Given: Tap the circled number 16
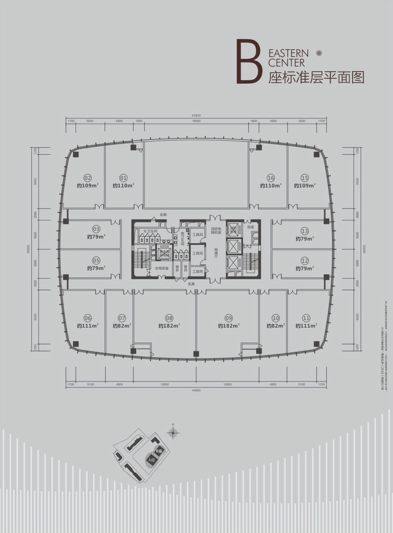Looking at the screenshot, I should [x=270, y=178].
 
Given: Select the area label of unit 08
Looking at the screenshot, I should [x=169, y=325].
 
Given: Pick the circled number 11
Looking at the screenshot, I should [x=306, y=318].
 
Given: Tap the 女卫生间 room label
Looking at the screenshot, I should [x=151, y=231].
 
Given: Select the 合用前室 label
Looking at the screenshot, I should [x=162, y=268].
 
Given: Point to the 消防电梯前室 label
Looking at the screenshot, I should [x=217, y=231].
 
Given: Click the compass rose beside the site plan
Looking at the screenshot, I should [x=173, y=433].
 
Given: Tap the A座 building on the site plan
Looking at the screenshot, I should [x=152, y=459].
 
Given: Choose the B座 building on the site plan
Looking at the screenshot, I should [x=159, y=451].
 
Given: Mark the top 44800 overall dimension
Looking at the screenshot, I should [x=196, y=116].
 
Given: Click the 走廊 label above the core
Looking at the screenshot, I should [x=163, y=215].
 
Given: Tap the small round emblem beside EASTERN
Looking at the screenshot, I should [x=319, y=53].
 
